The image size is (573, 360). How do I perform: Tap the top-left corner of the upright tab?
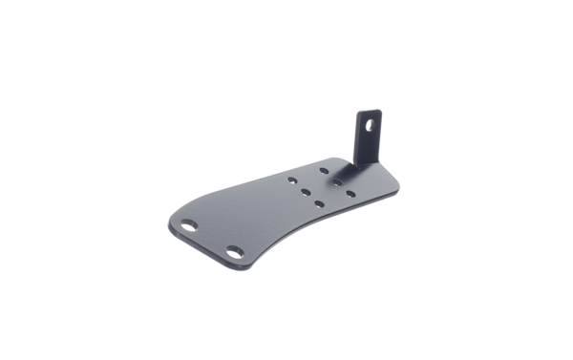click(359, 113)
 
